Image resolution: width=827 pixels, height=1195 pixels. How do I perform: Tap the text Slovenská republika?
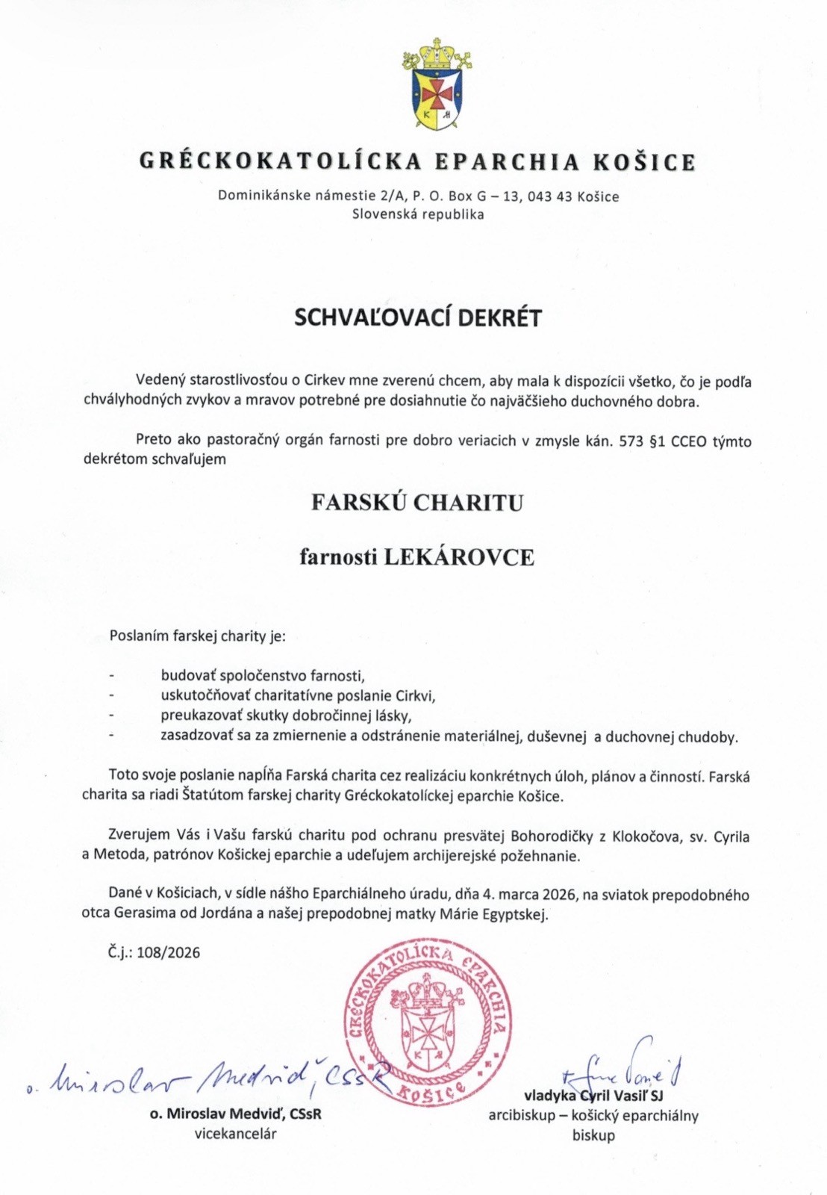(x=418, y=214)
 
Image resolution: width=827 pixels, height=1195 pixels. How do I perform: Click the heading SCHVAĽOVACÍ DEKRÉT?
(x=418, y=317)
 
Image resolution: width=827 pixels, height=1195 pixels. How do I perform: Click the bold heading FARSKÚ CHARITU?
(x=417, y=502)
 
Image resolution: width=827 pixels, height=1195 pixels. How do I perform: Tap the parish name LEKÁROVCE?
(x=458, y=557)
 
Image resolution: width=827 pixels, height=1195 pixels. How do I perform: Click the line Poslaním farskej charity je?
(x=197, y=636)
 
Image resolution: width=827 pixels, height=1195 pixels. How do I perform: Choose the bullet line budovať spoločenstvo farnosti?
(x=263, y=676)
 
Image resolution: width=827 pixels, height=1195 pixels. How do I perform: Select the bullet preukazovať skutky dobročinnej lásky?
(x=286, y=716)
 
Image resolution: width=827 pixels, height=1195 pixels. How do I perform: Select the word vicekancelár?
(x=236, y=1134)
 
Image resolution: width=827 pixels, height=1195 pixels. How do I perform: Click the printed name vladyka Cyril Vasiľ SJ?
(x=593, y=1096)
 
